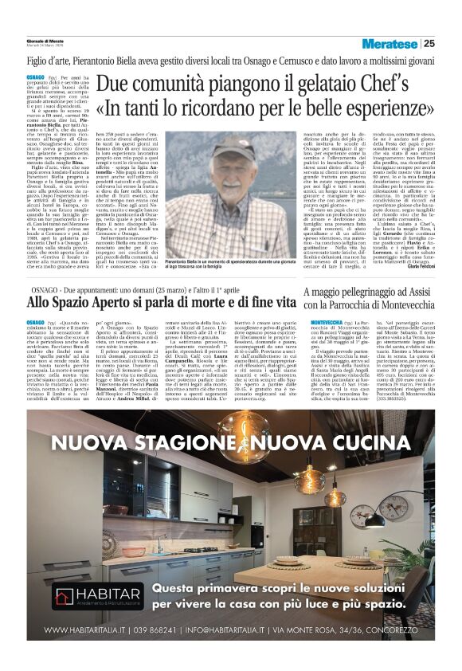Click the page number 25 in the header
[429, 43]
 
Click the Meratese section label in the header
[390, 43]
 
